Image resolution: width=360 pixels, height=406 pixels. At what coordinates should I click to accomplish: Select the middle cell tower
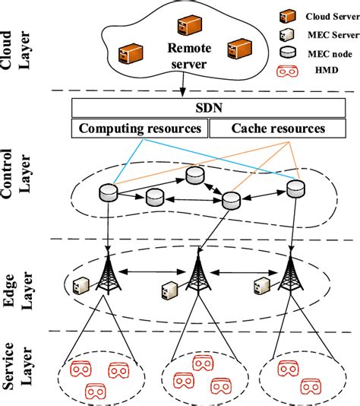tap(197, 275)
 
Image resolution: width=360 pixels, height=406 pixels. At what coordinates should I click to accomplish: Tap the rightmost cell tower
tap(289, 275)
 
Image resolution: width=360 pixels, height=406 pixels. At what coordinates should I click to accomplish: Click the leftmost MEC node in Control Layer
tap(108, 193)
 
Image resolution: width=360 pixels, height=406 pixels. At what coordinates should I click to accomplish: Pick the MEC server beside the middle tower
tap(171, 290)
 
